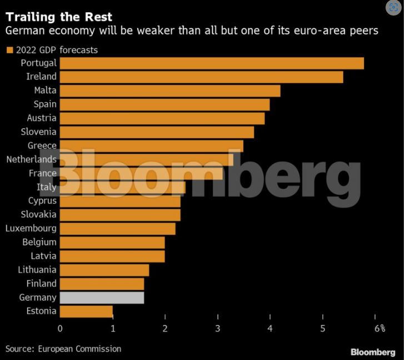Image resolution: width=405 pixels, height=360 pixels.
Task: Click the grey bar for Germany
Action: click(102, 297)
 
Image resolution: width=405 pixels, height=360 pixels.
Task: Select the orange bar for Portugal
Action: click(212, 63)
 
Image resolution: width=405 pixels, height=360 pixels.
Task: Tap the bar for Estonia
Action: click(86, 311)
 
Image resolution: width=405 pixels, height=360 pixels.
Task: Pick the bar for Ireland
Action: click(201, 77)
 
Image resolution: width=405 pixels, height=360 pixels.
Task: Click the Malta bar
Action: click(170, 91)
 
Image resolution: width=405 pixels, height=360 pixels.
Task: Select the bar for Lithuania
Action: click(104, 269)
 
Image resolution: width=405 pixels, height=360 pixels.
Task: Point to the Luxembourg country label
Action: click(31, 228)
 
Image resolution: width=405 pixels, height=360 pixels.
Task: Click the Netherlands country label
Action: click(31, 159)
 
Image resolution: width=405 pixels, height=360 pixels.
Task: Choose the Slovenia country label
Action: click(39, 132)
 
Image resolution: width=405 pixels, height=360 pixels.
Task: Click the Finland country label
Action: click(42, 283)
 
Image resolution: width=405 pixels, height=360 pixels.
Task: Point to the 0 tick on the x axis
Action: click(60, 328)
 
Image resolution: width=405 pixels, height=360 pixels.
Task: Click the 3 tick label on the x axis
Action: click(218, 328)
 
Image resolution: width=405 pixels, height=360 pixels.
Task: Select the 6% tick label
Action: click(379, 328)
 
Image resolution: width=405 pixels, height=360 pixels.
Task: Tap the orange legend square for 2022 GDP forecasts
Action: click(9, 50)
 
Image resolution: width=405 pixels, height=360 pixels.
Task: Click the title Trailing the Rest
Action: click(59, 17)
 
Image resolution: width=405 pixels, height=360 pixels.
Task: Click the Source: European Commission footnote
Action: click(63, 349)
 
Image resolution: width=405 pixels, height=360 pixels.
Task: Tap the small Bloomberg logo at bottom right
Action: click(373, 352)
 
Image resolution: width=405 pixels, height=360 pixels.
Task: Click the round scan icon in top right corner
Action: click(393, 8)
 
